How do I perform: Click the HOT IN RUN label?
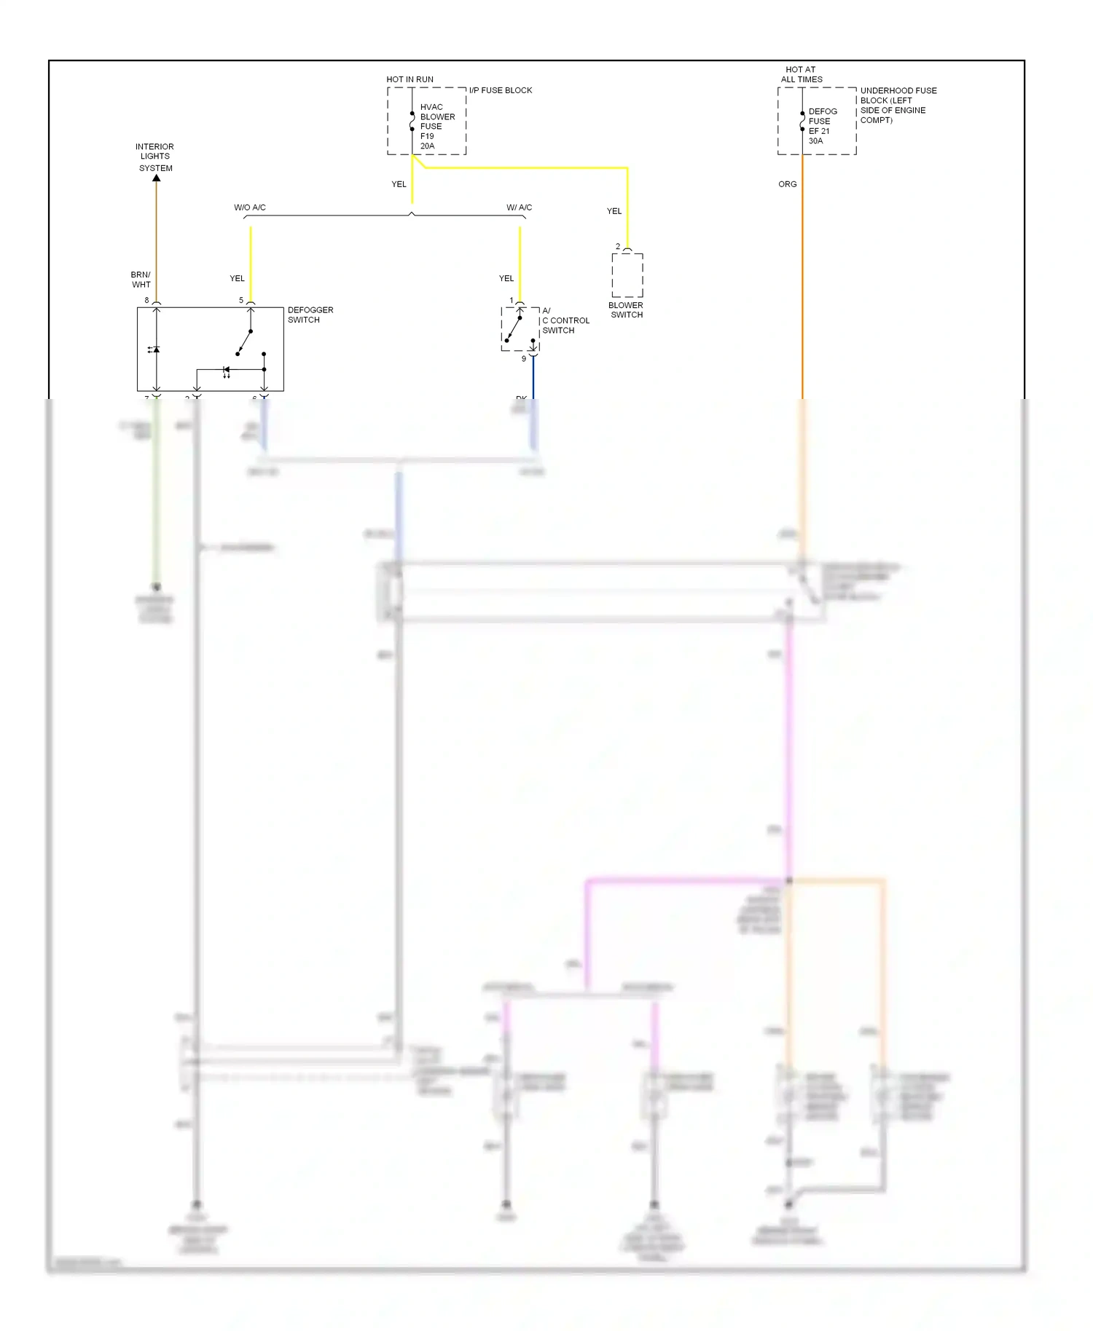click(x=410, y=79)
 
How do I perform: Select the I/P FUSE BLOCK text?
click(x=500, y=90)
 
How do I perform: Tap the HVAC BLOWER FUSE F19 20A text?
click(x=436, y=127)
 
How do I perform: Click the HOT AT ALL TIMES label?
click(x=801, y=74)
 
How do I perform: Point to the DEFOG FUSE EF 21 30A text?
click(x=822, y=126)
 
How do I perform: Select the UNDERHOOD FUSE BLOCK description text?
click(x=897, y=106)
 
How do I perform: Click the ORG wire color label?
click(x=787, y=184)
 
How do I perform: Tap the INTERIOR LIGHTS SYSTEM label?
click(x=154, y=157)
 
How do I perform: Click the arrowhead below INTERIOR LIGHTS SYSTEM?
click(x=156, y=178)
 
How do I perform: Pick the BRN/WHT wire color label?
click(x=141, y=280)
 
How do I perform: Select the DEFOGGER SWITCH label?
click(x=310, y=315)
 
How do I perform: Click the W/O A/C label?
click(x=249, y=208)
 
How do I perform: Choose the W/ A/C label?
click(x=519, y=208)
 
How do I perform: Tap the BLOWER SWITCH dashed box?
click(x=627, y=275)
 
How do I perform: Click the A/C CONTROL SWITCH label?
click(x=565, y=320)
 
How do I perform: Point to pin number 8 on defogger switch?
click(x=146, y=300)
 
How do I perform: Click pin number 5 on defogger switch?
click(x=241, y=300)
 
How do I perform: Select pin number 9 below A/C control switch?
click(x=523, y=359)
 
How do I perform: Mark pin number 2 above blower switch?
click(x=618, y=247)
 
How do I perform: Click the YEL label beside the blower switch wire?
click(x=614, y=211)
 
